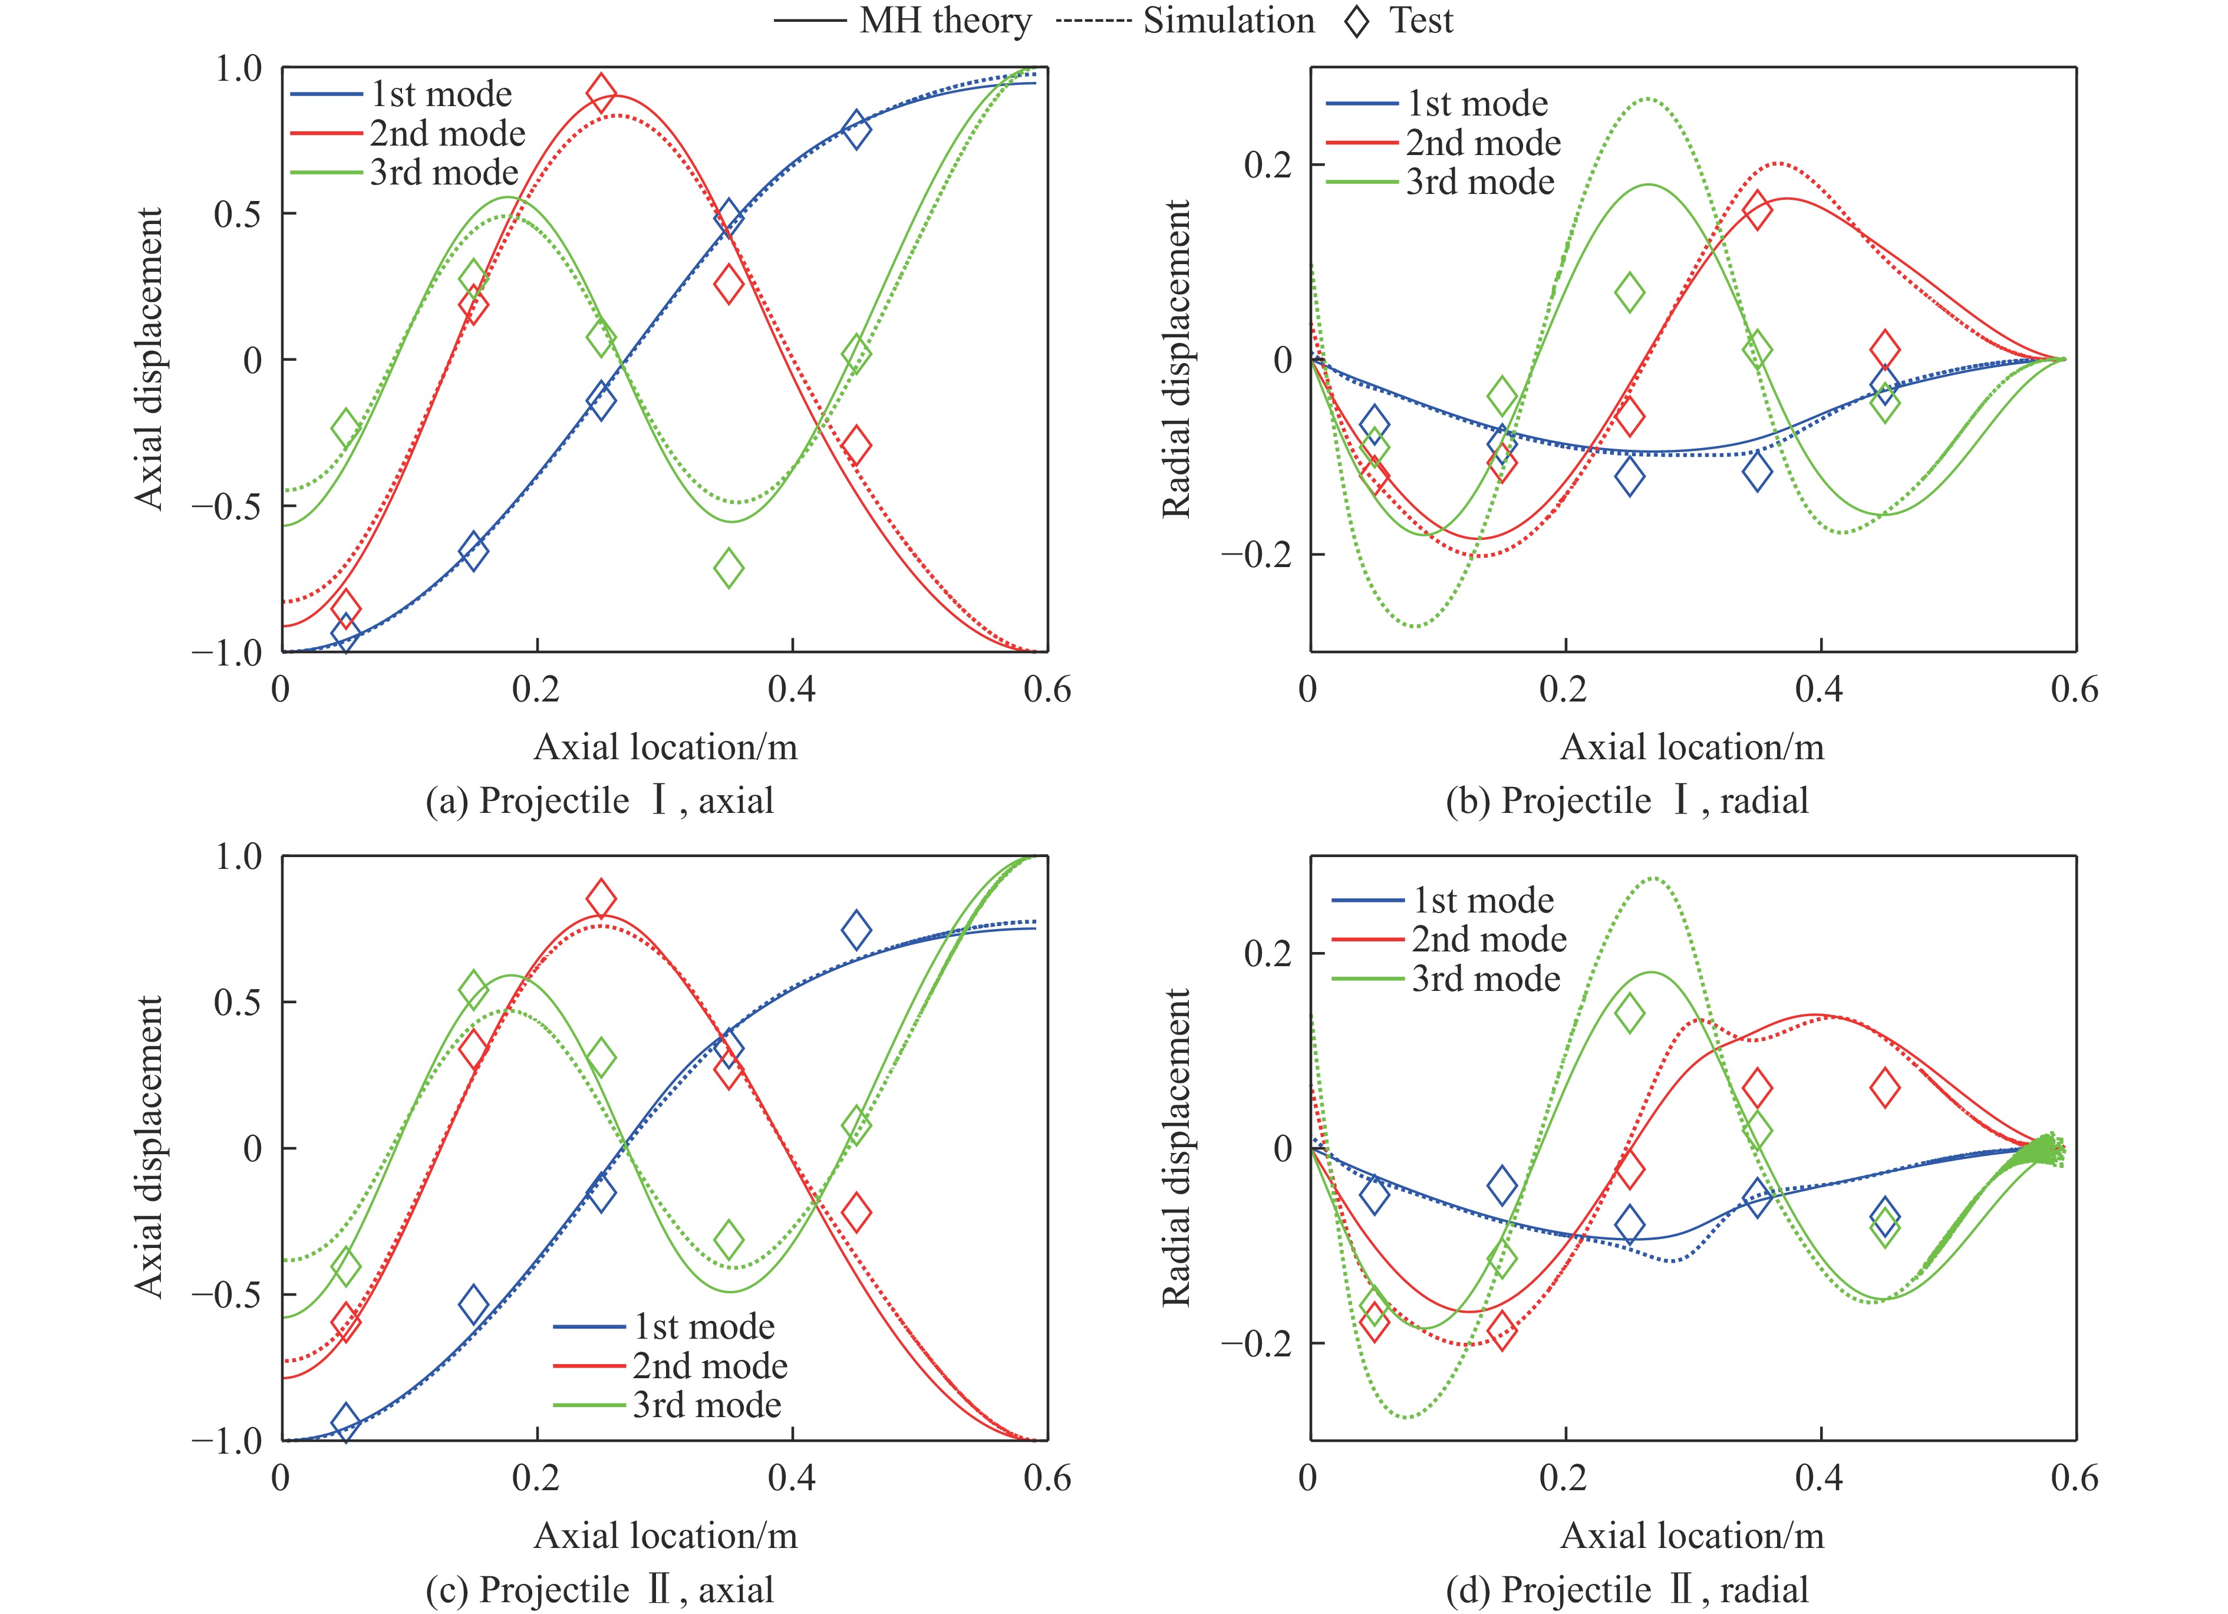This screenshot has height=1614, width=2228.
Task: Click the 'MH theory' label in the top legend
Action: [945, 21]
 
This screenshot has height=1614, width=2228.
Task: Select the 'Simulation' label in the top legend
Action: [1228, 21]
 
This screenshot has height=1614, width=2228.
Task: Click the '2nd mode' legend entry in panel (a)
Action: [447, 133]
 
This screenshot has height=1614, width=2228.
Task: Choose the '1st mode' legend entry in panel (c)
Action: [703, 1326]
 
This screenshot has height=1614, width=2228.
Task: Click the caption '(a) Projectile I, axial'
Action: [599, 800]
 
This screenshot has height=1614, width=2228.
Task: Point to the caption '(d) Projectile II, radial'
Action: [1627, 1589]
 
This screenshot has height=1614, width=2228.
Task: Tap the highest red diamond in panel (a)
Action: [601, 94]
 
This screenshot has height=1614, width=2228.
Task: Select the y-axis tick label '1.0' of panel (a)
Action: [239, 69]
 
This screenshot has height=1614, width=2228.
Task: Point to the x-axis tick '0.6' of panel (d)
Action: [2074, 1478]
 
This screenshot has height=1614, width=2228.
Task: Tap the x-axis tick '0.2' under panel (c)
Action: [536, 1478]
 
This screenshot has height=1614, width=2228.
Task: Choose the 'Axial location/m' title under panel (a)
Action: [665, 747]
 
